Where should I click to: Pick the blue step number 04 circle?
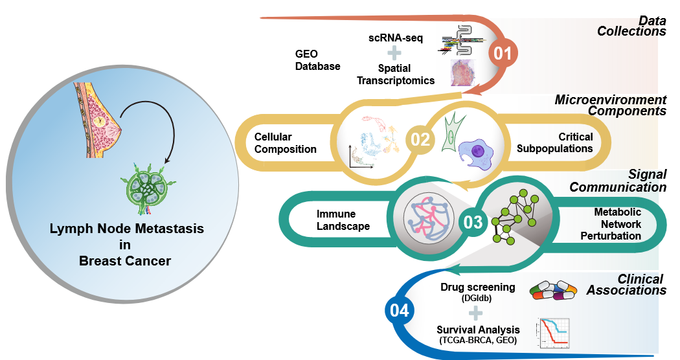coord(400,311)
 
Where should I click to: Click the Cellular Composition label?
coord(285,143)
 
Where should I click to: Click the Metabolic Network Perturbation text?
coord(617,224)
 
